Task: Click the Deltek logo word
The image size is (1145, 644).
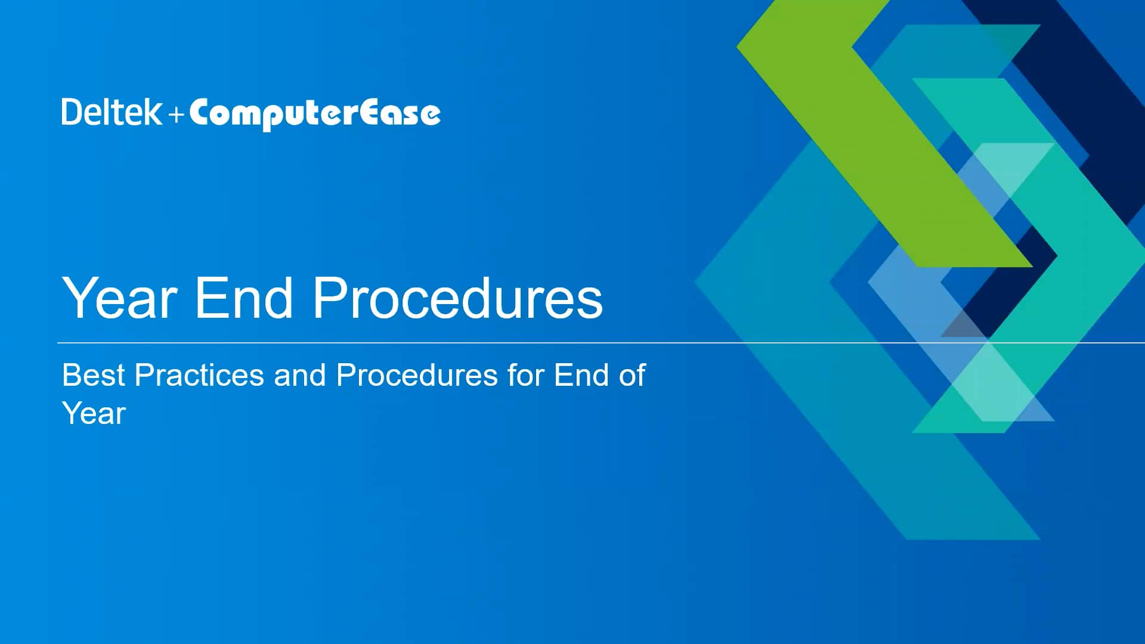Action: (x=112, y=112)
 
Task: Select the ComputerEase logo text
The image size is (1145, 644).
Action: (x=315, y=113)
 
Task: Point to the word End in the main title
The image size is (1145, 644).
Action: (x=243, y=298)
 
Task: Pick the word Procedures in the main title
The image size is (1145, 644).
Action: (x=457, y=298)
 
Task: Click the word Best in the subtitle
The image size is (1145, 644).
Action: (x=94, y=375)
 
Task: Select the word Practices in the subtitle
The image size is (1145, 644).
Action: (x=199, y=375)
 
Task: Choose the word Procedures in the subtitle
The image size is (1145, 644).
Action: (x=417, y=375)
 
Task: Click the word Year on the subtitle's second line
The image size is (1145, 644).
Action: (x=94, y=413)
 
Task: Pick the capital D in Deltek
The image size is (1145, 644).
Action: (x=71, y=112)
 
